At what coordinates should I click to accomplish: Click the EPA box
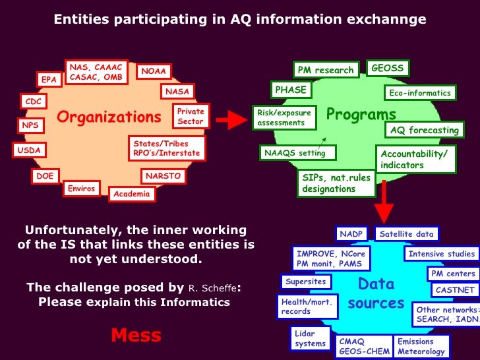[x=49, y=80]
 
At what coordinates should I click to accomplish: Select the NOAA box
[x=154, y=71]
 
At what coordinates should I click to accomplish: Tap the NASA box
[x=177, y=92]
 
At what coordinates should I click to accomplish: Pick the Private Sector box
[x=191, y=117]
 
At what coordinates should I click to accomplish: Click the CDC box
[x=32, y=102]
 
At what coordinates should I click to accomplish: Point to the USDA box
[x=29, y=150]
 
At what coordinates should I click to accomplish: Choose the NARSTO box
[x=163, y=177]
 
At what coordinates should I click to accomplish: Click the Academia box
[x=132, y=194]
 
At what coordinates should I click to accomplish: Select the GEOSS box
[x=387, y=68]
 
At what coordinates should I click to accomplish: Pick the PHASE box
[x=290, y=89]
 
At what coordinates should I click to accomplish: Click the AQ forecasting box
[x=424, y=130]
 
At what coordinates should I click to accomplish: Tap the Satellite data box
[x=406, y=233]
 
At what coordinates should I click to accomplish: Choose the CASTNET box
[x=455, y=289]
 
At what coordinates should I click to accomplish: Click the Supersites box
[x=305, y=282]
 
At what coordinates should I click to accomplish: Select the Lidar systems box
[x=310, y=339]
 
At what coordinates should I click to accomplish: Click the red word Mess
[x=136, y=335]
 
